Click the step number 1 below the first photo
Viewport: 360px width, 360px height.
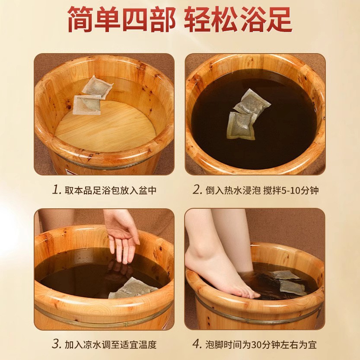55,190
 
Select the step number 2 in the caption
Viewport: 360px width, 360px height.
198,190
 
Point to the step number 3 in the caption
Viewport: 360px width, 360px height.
55,344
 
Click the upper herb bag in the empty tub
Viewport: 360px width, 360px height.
97,86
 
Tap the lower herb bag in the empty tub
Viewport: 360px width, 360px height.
86,105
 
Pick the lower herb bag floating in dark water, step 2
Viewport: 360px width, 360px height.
241,125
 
